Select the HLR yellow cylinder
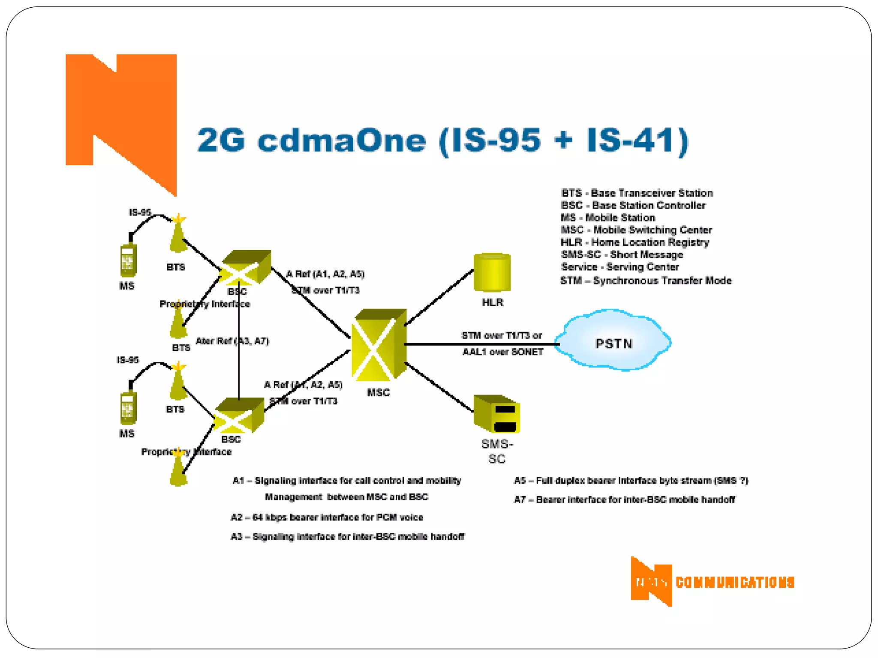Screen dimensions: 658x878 [x=492, y=273]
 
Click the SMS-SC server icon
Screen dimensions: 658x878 [x=496, y=414]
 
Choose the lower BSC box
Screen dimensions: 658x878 [x=239, y=415]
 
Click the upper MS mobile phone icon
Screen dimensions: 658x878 [x=128, y=259]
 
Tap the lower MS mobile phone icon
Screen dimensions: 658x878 [x=128, y=407]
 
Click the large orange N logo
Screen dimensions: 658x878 [x=121, y=116]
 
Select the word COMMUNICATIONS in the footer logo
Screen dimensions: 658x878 [x=735, y=582]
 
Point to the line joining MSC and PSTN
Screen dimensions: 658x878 [x=480, y=344]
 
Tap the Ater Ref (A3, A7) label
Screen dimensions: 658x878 [x=232, y=341]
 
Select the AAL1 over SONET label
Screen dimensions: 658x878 [x=502, y=352]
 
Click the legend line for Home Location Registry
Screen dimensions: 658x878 [x=634, y=242]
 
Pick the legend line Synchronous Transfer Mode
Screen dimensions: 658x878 [x=646, y=281]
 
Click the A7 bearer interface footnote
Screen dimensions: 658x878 [x=624, y=499]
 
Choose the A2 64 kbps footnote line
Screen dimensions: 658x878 [x=327, y=517]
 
